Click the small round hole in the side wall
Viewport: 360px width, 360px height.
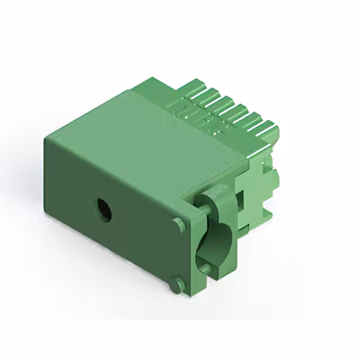coord(103,209)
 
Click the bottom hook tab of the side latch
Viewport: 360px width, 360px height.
coord(268,217)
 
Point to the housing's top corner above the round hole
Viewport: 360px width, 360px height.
coord(45,138)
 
